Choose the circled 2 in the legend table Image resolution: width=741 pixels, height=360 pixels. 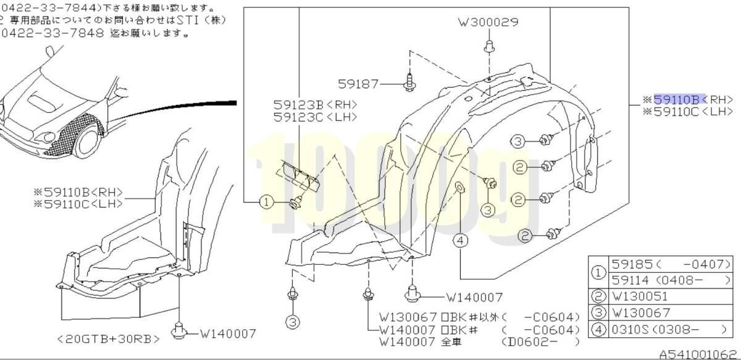pos(597,297)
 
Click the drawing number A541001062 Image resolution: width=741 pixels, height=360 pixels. pos(698,354)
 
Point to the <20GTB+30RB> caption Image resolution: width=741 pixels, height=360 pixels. pos(109,338)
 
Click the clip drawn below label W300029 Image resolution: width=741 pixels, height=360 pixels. pos(488,46)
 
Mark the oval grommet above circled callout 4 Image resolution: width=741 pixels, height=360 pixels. pos(460,188)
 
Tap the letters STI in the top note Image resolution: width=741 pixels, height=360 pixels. pos(186,20)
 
